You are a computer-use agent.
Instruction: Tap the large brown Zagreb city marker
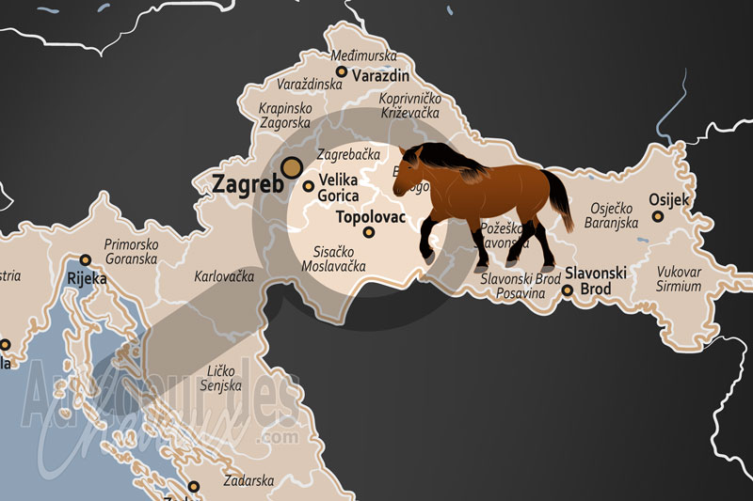point(294,167)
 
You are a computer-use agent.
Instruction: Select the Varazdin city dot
point(341,72)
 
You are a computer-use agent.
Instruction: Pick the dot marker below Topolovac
point(369,232)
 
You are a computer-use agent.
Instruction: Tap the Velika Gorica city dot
point(308,186)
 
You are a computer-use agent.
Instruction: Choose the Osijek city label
point(669,200)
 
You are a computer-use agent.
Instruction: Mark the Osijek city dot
point(658,216)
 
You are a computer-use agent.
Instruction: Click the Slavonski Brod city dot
point(567,290)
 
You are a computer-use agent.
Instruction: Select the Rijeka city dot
point(85,259)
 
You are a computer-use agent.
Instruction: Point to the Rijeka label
point(87,278)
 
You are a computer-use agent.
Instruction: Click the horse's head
point(411,170)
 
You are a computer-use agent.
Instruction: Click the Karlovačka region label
point(224,278)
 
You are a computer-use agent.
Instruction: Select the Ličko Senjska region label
point(222,378)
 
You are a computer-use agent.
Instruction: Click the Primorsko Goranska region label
point(131,251)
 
